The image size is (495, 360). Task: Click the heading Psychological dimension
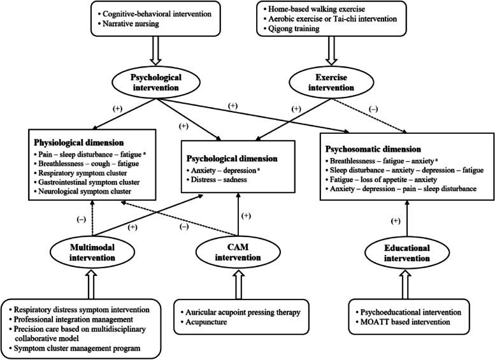click(231, 157)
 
